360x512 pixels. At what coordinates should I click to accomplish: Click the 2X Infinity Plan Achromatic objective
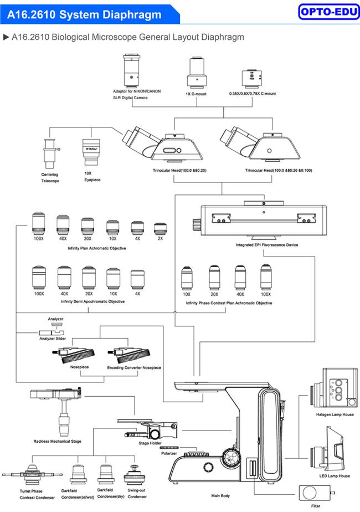(x=160, y=228)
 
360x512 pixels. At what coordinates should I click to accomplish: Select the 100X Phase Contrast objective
(x=266, y=277)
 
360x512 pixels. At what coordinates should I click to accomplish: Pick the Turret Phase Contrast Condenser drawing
(x=28, y=475)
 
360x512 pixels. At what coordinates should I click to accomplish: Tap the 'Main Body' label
(x=220, y=496)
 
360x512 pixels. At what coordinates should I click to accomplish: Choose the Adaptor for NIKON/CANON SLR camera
(x=131, y=70)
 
